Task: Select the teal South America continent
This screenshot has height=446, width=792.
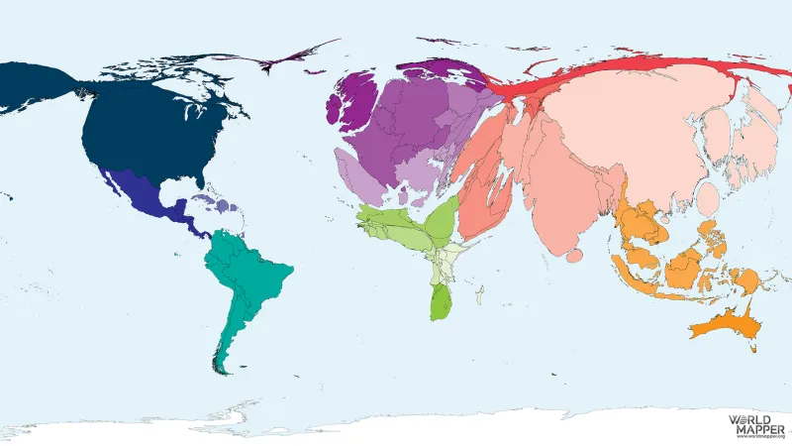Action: [x=243, y=278]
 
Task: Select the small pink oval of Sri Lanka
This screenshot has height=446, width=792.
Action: [x=575, y=256]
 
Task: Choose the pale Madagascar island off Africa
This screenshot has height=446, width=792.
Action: [x=479, y=294]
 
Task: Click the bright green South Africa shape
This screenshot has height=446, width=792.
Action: [x=440, y=301]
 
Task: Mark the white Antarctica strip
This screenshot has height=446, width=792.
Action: [x=396, y=426]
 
